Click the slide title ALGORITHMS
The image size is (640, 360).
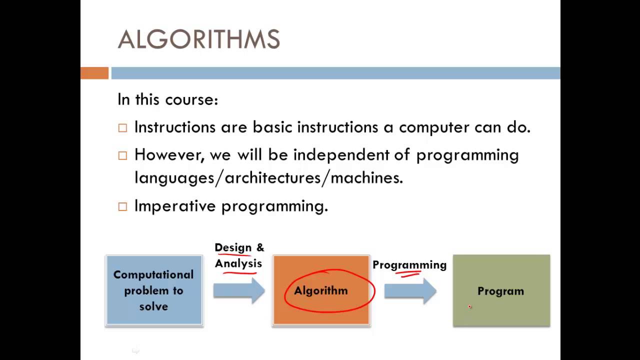pyautogui.click(x=198, y=40)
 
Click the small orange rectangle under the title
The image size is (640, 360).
pyautogui.click(x=94, y=73)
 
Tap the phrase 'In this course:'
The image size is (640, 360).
pyautogui.click(x=167, y=99)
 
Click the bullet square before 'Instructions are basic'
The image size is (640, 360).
pyautogui.click(x=122, y=128)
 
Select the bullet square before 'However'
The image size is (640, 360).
pyautogui.click(x=122, y=155)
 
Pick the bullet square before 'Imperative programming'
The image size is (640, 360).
pyautogui.click(x=122, y=206)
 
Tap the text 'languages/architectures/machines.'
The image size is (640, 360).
pyautogui.click(x=268, y=177)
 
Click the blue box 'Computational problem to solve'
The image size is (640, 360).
pyautogui.click(x=153, y=290)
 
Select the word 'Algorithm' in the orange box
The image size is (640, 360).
pyautogui.click(x=320, y=291)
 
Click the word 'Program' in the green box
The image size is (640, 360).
pyautogui.click(x=500, y=291)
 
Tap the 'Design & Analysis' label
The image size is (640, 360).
pyautogui.click(x=239, y=255)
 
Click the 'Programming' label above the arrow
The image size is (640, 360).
pyautogui.click(x=409, y=265)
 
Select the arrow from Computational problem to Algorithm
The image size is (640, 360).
pyautogui.click(x=238, y=290)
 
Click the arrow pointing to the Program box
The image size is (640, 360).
pyautogui.click(x=410, y=291)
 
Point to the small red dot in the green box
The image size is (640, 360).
pyautogui.click(x=469, y=307)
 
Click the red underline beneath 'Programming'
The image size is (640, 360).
pyautogui.click(x=408, y=273)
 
